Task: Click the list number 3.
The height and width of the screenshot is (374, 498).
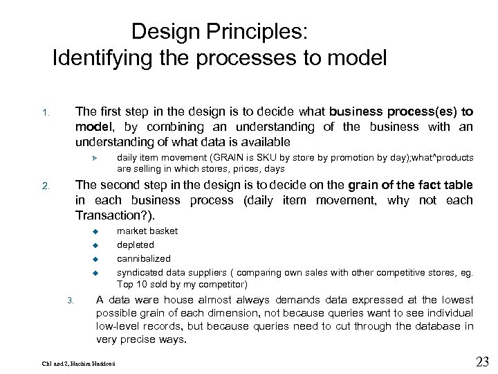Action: [x=70, y=300]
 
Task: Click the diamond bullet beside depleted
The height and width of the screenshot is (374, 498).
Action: [x=97, y=245]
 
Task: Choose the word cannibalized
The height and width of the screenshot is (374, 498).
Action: [x=143, y=258]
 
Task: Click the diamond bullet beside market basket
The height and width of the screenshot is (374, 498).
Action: [x=97, y=231]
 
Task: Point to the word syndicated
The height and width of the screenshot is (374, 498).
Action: [x=139, y=272]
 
